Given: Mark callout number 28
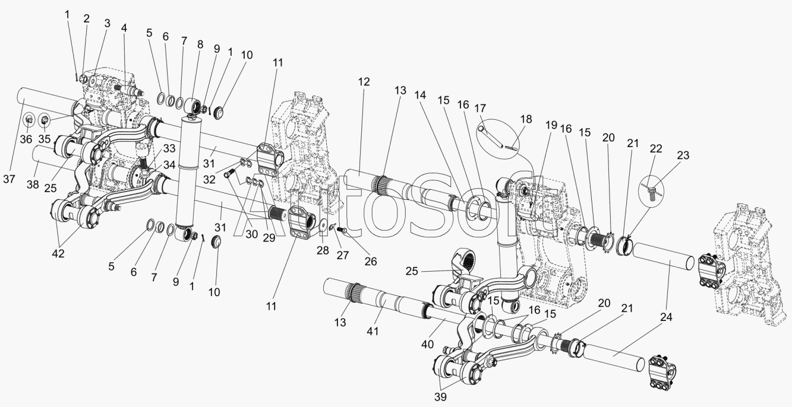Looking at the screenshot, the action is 322,251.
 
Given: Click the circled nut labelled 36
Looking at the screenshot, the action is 29,121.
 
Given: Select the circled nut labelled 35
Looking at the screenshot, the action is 46,121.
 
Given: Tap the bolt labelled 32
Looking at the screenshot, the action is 231,173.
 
